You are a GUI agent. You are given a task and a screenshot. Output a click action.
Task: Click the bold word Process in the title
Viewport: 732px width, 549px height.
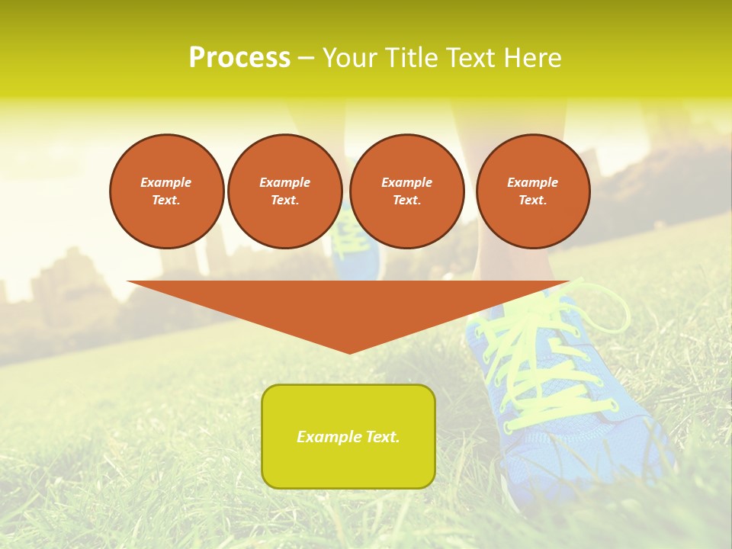239,58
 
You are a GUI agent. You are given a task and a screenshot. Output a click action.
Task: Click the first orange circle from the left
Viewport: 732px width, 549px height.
167,191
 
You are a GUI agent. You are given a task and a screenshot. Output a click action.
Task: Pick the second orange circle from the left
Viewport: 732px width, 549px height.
285,191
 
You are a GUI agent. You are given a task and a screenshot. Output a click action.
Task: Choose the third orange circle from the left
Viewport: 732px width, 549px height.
407,191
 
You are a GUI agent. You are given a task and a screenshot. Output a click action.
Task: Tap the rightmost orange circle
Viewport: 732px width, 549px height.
533,191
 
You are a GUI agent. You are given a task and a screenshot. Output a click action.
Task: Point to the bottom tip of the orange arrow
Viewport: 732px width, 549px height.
349,352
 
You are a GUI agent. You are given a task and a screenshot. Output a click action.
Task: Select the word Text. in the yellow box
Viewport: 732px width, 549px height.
382,437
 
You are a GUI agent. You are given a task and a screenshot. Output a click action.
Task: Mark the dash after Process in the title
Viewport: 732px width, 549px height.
306,59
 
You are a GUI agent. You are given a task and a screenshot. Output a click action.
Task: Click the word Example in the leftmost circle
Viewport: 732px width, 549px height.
166,182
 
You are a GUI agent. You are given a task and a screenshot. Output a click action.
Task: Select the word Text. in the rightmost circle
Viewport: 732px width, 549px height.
533,201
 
